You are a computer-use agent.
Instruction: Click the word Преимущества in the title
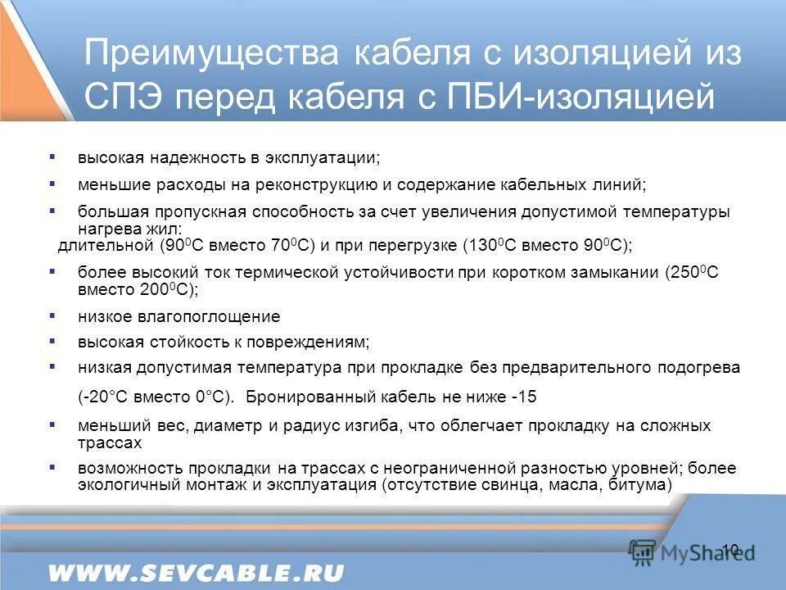211,55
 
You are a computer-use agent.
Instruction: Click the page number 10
730,549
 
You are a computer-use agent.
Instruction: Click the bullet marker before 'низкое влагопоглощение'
52,315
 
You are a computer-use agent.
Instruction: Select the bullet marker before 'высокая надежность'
52,155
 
